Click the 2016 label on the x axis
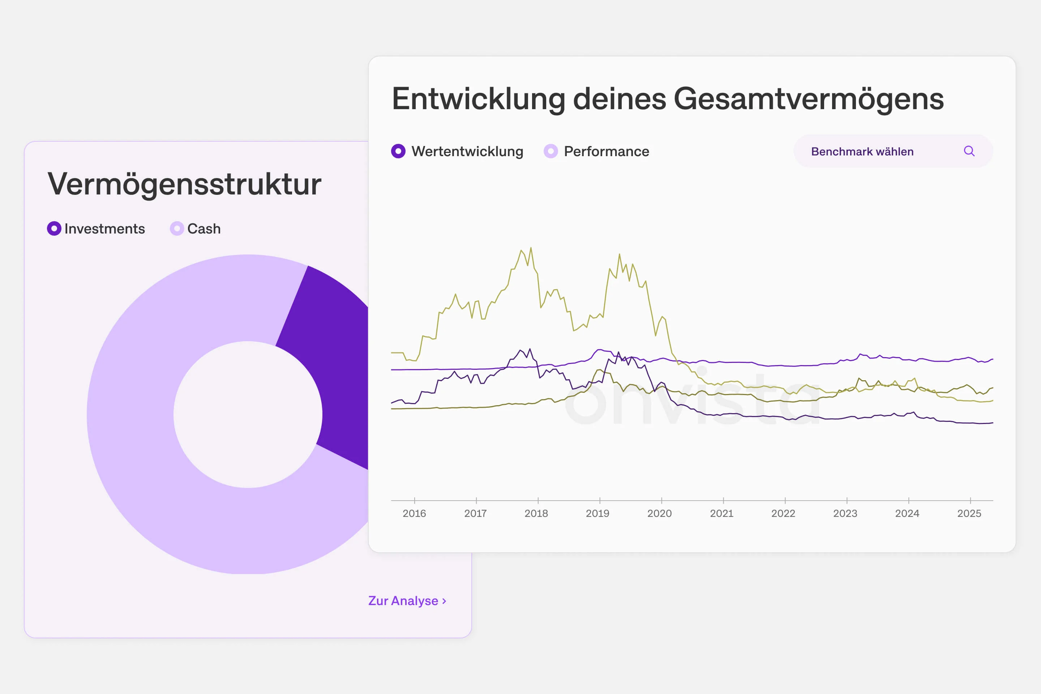point(414,513)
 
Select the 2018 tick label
point(536,513)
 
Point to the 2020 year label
point(659,513)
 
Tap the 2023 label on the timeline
point(845,513)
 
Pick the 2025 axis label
point(969,513)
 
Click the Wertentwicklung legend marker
point(398,151)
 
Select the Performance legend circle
point(551,151)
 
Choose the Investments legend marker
point(54,228)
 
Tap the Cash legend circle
point(177,228)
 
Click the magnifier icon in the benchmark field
point(969,151)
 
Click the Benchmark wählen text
point(862,152)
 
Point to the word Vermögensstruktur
point(184,184)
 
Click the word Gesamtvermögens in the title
point(808,99)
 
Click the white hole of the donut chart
point(248,415)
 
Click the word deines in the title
point(619,99)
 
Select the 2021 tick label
point(721,513)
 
